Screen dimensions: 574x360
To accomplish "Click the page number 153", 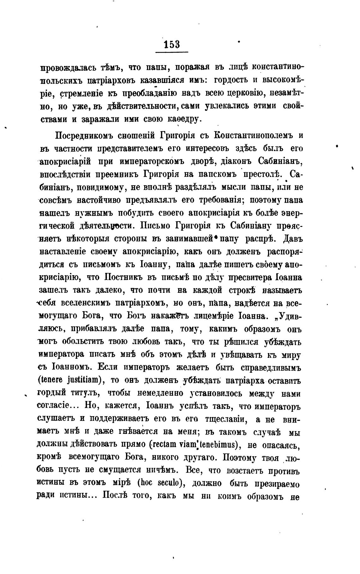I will [172, 44].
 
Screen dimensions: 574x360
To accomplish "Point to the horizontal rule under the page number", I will [172, 52].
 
